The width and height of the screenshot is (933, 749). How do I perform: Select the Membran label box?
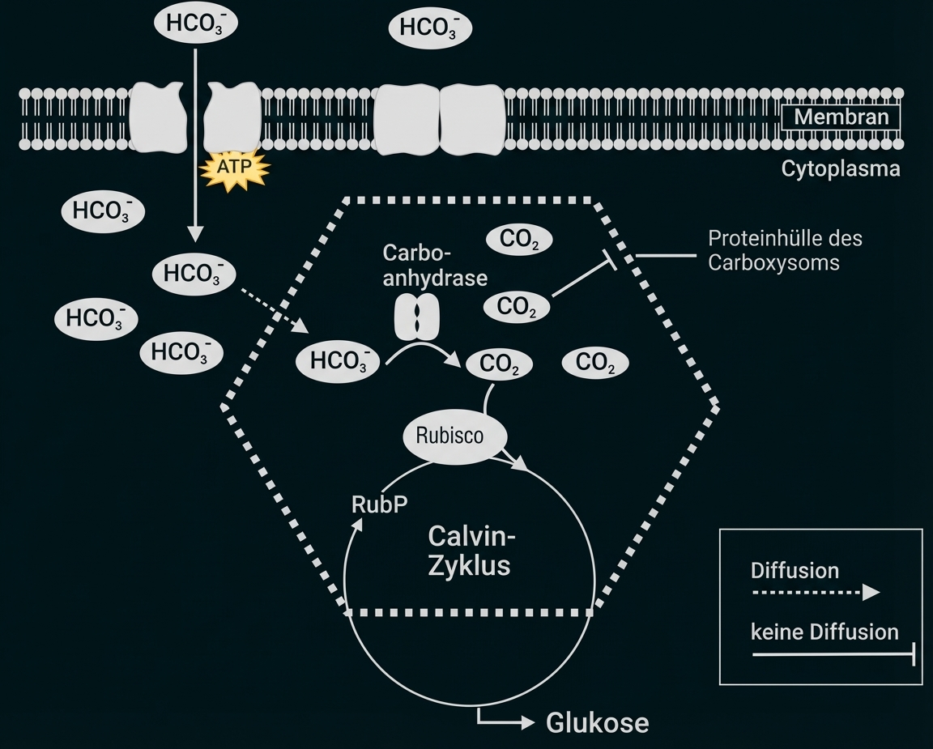coord(841,117)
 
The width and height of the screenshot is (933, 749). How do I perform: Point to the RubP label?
coord(379,504)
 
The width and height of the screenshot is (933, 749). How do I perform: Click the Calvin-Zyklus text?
coord(471,550)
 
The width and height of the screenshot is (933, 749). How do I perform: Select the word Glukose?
coord(598,721)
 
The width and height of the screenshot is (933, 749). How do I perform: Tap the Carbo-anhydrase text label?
coord(435,264)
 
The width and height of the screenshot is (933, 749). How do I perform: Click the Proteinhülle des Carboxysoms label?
coord(784,250)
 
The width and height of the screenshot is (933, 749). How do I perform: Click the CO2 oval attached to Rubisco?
coord(499,365)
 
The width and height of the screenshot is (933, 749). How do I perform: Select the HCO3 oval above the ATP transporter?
coord(195,24)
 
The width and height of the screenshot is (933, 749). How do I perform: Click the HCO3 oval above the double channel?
coord(430,28)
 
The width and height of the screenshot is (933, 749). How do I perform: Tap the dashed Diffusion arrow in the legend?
coord(814,592)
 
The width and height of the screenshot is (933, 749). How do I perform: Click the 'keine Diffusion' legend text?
coord(824,632)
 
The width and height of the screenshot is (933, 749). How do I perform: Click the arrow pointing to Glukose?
coord(505,720)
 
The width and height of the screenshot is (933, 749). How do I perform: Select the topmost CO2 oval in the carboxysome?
coord(518,240)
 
